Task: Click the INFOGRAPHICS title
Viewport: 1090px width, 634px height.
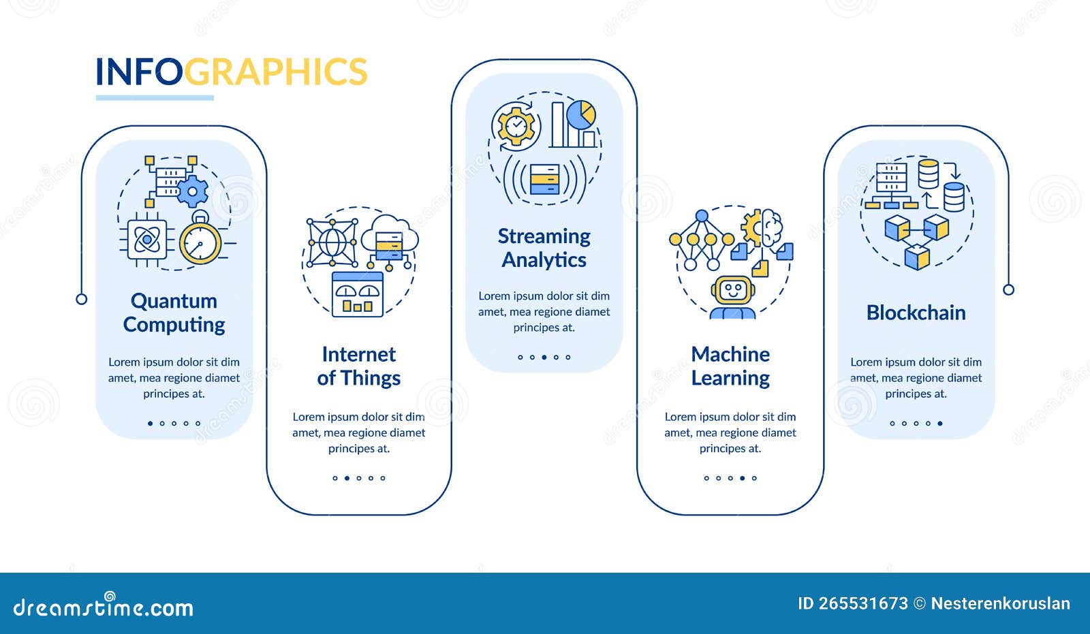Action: click(x=231, y=72)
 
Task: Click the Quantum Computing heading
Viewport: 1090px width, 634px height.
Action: click(x=174, y=313)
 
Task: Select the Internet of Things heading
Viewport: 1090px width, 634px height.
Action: click(x=358, y=366)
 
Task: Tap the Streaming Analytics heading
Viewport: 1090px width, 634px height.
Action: click(x=544, y=248)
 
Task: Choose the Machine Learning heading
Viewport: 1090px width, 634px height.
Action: click(x=730, y=366)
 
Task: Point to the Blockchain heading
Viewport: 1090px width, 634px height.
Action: click(x=916, y=313)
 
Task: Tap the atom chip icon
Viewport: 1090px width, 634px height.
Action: click(x=146, y=239)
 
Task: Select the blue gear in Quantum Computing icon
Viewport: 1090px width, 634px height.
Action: click(x=193, y=191)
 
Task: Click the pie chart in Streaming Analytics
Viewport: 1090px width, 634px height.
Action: click(x=581, y=114)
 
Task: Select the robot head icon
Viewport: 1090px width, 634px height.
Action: click(x=732, y=291)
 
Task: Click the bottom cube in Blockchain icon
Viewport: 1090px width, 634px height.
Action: click(x=917, y=257)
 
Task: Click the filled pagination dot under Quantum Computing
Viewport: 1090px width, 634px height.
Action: click(x=151, y=424)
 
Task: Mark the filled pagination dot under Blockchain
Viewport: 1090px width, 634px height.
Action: click(x=940, y=424)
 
